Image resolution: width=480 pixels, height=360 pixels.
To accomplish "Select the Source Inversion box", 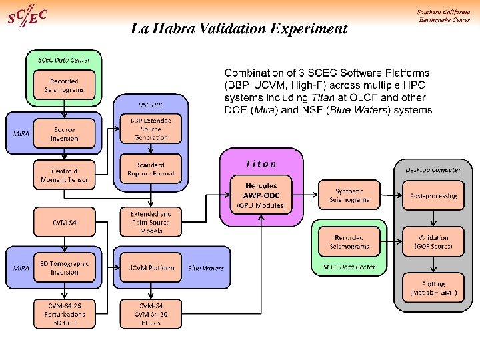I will coord(65,133).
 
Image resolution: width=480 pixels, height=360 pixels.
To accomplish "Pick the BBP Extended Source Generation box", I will coord(151,129).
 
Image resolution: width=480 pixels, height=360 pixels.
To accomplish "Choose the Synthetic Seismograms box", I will coord(348,195).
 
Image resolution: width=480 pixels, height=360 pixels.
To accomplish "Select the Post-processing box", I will coord(433,195).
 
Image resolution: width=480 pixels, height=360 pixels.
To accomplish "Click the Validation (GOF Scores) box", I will coord(433,241).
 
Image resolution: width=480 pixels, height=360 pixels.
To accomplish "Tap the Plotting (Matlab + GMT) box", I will coord(433,288).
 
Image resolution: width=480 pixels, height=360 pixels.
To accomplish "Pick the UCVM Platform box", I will coord(151,268).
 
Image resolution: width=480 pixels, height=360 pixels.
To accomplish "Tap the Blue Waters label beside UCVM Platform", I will coord(206,268).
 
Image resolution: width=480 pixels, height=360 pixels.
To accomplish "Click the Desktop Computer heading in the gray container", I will coord(433,169).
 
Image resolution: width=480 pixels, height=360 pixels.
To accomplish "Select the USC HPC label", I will coord(151,105).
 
